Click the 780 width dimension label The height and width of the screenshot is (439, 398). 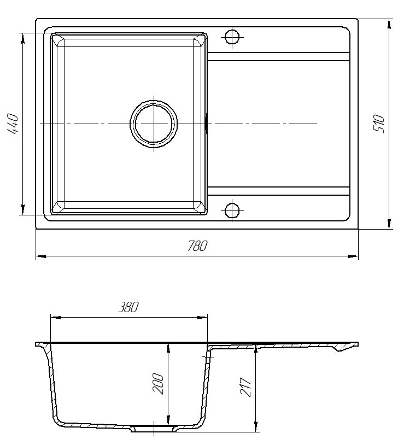point(197,246)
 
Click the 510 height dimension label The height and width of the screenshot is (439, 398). point(379,124)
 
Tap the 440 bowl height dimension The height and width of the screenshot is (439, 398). point(13,124)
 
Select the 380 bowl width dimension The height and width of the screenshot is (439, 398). point(128,307)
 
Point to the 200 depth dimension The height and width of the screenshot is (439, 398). point(158,384)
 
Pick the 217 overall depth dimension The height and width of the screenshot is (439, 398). point(245,388)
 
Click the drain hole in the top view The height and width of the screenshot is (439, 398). point(154,124)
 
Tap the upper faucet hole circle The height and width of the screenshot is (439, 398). point(232,37)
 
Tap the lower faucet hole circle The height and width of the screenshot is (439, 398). point(232,210)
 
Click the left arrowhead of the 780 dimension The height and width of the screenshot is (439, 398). point(41,256)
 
